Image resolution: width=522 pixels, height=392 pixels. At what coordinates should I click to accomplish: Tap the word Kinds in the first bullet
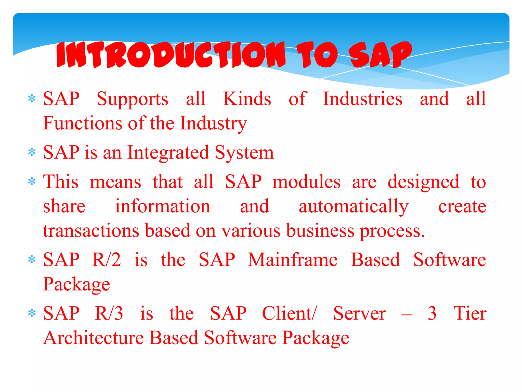coord(247,99)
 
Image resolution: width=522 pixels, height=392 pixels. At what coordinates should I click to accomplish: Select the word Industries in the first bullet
coord(362,99)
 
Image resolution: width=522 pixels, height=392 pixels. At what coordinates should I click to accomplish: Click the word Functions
coord(83,123)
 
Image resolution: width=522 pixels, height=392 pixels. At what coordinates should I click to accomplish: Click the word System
coord(244,153)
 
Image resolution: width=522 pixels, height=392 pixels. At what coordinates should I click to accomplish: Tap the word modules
coord(306,182)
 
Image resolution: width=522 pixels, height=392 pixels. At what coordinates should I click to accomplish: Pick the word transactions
coord(91,230)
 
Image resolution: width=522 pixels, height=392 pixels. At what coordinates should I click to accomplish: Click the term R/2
coord(107,260)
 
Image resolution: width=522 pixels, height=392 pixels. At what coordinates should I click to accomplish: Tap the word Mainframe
coord(293,260)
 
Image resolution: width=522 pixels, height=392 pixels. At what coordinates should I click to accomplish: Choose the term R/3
coord(109,313)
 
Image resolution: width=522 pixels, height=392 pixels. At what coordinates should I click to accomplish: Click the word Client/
coord(290,313)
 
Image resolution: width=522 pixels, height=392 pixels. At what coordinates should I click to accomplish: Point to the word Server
coord(359,313)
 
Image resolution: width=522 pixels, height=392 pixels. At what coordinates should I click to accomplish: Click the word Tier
coord(470,313)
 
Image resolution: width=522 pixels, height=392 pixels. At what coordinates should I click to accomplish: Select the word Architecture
coord(94,338)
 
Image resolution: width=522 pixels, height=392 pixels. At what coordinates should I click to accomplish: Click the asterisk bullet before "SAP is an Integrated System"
coord(32,152)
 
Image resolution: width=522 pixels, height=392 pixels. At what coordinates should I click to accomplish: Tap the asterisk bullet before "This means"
coord(32,182)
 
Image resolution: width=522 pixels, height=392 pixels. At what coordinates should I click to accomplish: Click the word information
coord(163,206)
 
